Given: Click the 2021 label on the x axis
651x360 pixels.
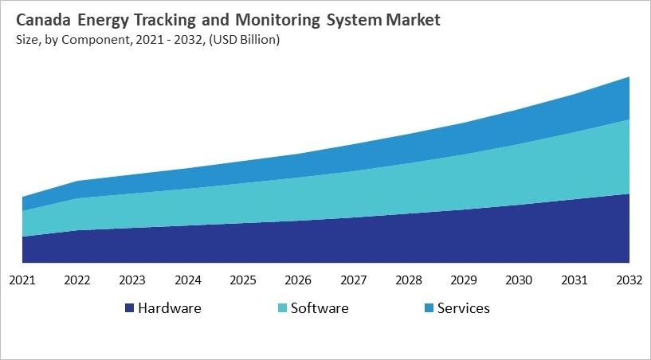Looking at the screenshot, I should click(x=22, y=280).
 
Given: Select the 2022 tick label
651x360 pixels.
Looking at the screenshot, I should click(x=77, y=280).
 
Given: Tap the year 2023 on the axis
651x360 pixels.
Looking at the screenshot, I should click(x=132, y=280).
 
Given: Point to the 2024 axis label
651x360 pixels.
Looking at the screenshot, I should click(x=188, y=280).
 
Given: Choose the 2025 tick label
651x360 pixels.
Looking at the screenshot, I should click(x=243, y=280).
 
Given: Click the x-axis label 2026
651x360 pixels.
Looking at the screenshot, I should click(x=298, y=280).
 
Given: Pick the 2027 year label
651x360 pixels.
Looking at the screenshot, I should click(x=354, y=280).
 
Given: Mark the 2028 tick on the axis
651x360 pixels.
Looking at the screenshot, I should click(x=409, y=280).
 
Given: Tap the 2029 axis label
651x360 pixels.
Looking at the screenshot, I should click(x=465, y=280).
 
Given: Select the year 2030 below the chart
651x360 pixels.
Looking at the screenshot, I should click(x=520, y=280).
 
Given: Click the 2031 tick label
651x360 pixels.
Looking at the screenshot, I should click(x=575, y=280).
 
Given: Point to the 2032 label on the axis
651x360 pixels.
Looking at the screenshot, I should click(x=629, y=280).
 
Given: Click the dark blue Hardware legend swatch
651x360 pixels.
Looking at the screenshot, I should click(x=129, y=308).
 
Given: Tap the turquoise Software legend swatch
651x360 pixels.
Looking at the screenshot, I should click(x=282, y=308).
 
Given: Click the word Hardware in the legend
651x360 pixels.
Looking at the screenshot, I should click(x=169, y=307).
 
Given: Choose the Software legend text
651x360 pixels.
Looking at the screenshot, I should click(x=320, y=307).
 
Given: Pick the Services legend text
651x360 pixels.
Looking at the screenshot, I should click(x=464, y=307).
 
